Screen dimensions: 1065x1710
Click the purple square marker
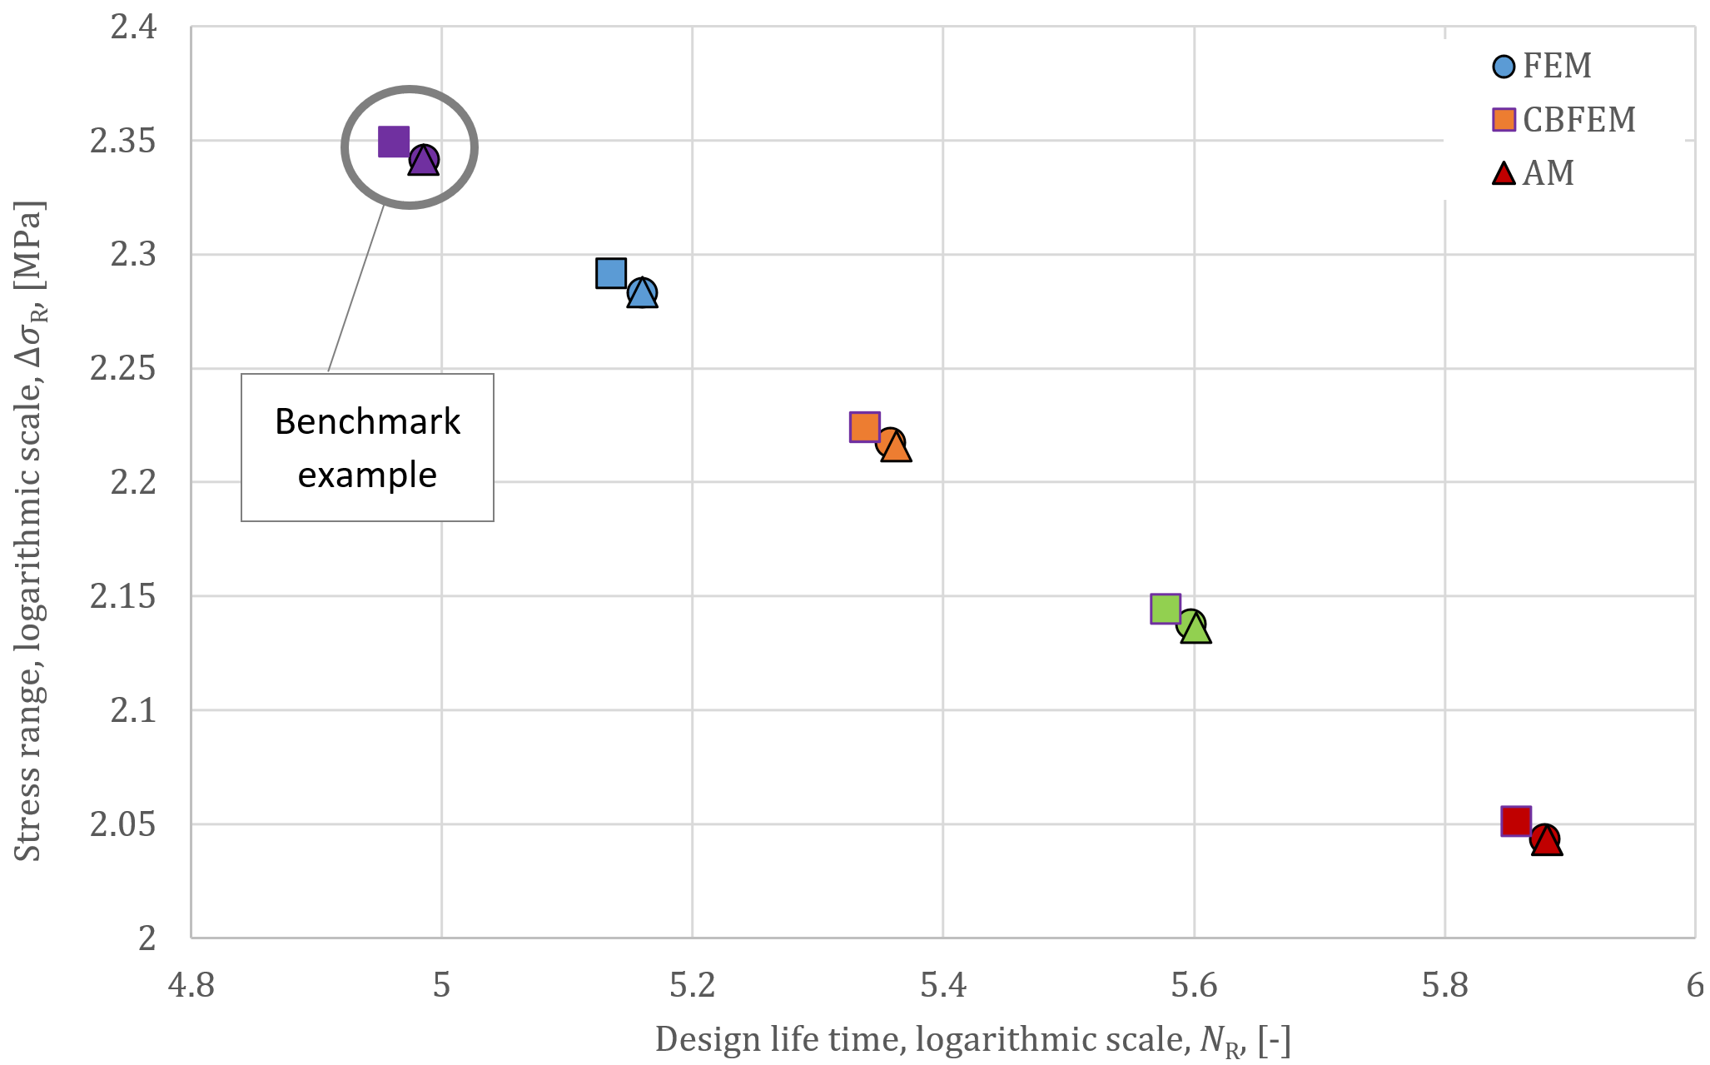393,142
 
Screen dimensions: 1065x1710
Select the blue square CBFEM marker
610,272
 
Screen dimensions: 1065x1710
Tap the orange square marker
864,426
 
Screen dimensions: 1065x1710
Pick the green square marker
1165,609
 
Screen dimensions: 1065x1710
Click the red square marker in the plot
1515,821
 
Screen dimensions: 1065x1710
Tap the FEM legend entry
1542,66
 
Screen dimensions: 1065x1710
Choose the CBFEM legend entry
1563,120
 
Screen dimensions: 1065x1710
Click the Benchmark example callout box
367,448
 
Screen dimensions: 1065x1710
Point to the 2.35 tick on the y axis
123,142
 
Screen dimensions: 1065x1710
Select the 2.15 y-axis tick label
123,597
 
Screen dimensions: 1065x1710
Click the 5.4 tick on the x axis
942,986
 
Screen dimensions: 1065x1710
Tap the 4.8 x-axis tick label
191,986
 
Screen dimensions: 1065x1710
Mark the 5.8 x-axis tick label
1444,986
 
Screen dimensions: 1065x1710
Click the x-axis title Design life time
972,1040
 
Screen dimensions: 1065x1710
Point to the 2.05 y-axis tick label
123,824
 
